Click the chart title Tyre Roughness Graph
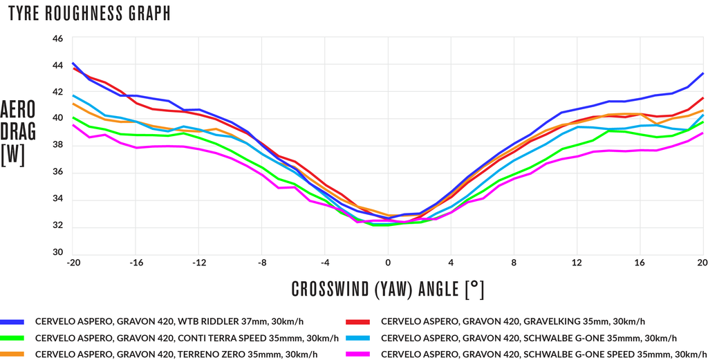coord(89,14)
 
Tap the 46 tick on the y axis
coord(58,39)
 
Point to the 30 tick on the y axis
coord(58,253)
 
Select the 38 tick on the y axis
coord(58,145)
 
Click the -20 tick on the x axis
coord(71,263)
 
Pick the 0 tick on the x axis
coord(388,263)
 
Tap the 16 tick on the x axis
coord(640,263)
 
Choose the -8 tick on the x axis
coord(261,263)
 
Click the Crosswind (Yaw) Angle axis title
coord(388,290)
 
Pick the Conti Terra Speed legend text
coord(187,338)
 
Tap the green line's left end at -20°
coord(72,117)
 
